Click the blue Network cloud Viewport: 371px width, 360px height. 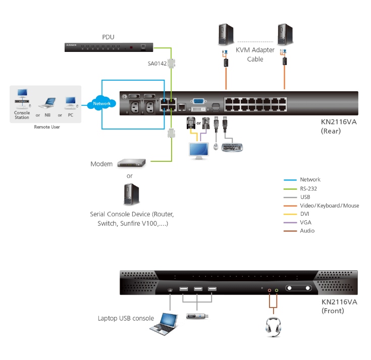(101, 103)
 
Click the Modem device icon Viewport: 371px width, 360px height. (131, 163)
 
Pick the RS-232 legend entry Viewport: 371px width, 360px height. (308, 188)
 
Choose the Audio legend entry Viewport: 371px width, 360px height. (307, 230)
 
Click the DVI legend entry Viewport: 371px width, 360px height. (304, 214)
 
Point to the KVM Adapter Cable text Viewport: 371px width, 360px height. (255, 54)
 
